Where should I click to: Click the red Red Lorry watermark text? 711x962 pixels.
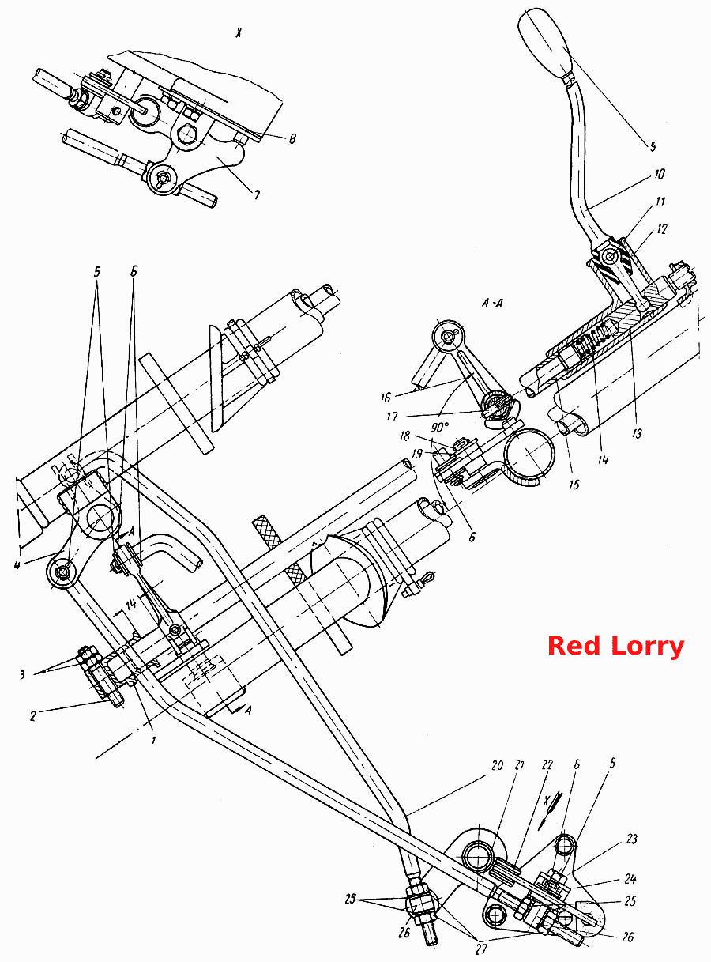tap(615, 647)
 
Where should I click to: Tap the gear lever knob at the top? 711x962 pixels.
tap(545, 43)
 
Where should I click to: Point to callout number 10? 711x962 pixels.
tap(659, 175)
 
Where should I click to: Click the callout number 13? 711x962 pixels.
tap(637, 433)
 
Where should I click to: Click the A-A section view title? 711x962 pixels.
tap(492, 304)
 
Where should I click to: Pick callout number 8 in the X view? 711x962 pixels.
tap(292, 139)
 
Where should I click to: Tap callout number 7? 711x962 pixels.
tap(257, 195)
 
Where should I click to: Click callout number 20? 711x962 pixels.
tap(497, 778)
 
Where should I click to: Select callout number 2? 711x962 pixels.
tap(33, 715)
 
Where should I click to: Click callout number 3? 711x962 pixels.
tap(22, 674)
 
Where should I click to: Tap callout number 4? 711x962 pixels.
tap(17, 565)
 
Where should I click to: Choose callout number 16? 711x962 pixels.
tap(386, 397)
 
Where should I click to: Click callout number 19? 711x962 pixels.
tap(417, 454)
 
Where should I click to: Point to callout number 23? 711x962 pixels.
tap(632, 839)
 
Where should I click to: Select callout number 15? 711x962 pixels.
tap(574, 484)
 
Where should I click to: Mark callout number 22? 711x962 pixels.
tap(547, 777)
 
